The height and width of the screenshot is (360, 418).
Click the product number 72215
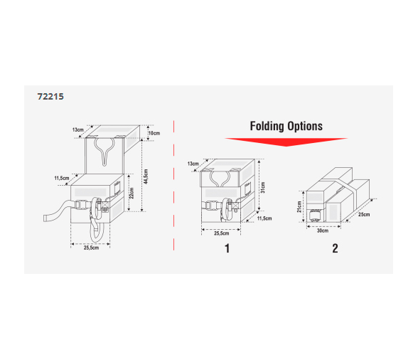click(x=50, y=96)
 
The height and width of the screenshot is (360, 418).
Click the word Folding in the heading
click(x=267, y=126)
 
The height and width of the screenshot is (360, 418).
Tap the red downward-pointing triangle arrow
click(x=286, y=142)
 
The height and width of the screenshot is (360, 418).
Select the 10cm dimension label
click(x=154, y=133)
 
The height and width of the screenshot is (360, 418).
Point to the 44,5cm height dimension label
click(x=146, y=176)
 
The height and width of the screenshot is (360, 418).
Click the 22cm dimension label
click(x=132, y=193)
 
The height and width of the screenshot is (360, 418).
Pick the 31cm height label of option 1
click(x=263, y=187)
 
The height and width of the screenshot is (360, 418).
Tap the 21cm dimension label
click(x=299, y=207)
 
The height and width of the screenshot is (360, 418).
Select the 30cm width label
click(x=323, y=231)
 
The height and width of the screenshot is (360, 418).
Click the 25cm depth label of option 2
click(x=364, y=214)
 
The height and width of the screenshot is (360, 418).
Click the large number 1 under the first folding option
click(x=227, y=248)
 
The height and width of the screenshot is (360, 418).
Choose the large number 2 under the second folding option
click(x=335, y=248)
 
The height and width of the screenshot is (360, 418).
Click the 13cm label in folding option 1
click(x=193, y=164)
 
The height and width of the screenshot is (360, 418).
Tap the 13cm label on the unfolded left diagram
click(x=78, y=129)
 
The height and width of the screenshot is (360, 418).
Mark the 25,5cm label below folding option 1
click(x=222, y=233)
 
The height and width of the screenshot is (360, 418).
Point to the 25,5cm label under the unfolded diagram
click(x=91, y=248)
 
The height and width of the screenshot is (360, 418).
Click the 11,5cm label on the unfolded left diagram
click(x=62, y=178)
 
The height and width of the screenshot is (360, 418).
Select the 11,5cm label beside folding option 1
click(x=264, y=218)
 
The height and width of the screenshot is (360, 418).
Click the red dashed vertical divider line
click(x=173, y=186)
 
